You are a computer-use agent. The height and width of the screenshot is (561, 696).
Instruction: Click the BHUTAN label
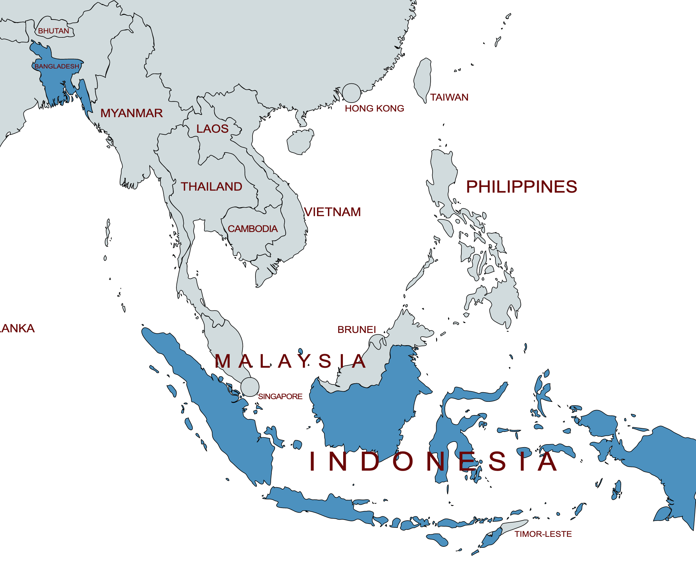click(54, 31)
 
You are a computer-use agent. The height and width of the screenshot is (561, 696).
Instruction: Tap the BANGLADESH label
click(57, 67)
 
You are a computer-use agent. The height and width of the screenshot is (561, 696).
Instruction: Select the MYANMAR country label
click(131, 113)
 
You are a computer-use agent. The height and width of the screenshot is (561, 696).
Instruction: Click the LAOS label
click(212, 129)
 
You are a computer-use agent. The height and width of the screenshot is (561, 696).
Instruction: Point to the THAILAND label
click(211, 187)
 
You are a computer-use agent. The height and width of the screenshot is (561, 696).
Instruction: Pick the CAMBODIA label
click(253, 229)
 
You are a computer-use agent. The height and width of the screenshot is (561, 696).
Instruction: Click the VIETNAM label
click(332, 212)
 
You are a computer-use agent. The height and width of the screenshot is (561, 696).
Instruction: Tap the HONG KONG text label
click(374, 109)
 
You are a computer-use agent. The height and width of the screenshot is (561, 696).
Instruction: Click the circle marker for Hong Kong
click(351, 93)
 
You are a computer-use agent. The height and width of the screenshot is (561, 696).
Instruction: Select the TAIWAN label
click(449, 97)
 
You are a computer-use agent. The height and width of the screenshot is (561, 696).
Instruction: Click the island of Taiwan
click(423, 79)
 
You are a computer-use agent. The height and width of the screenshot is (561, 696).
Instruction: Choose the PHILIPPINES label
click(522, 187)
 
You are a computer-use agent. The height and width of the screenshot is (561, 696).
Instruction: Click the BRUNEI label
click(356, 330)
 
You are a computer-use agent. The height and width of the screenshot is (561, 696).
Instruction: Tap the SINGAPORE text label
click(280, 397)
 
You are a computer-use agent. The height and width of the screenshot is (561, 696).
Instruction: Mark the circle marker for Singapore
click(250, 387)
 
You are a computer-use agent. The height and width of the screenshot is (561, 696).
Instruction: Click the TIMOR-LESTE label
click(543, 534)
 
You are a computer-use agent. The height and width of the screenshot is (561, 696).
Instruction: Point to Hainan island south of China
click(300, 142)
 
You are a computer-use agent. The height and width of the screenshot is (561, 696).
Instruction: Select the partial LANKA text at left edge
click(17, 328)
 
